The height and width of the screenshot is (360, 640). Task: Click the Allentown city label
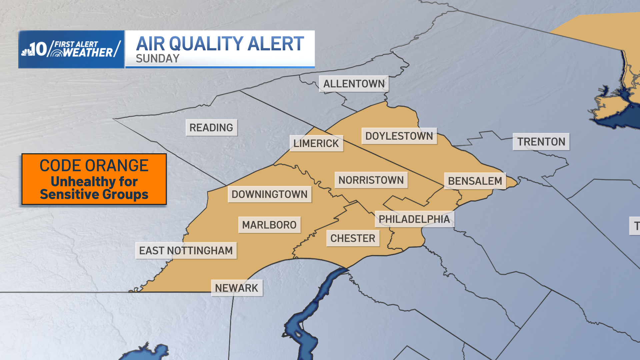pyautogui.click(x=354, y=84)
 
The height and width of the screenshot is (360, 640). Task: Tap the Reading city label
pyautogui.click(x=211, y=128)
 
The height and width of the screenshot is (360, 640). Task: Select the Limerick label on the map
pyautogui.click(x=316, y=143)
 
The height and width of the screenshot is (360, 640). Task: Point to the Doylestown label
pyautogui.click(x=399, y=136)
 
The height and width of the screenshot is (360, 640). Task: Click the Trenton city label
pyautogui.click(x=541, y=142)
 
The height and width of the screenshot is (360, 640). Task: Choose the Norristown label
pyautogui.click(x=371, y=180)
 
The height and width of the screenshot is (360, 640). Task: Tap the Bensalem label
pyautogui.click(x=475, y=181)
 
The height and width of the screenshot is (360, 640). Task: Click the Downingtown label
pyautogui.click(x=269, y=194)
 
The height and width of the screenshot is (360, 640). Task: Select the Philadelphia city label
pyautogui.click(x=414, y=219)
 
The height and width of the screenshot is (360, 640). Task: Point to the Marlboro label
pyautogui.click(x=269, y=225)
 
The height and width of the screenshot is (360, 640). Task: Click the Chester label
pyautogui.click(x=353, y=238)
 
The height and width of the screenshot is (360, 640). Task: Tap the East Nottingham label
pyautogui.click(x=186, y=250)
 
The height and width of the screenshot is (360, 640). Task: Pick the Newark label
pyautogui.click(x=237, y=288)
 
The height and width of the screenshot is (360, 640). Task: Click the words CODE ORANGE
pyautogui.click(x=94, y=166)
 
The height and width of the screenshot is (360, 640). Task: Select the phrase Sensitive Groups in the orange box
pyautogui.click(x=94, y=194)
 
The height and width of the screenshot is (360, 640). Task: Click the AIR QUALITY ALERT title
pyautogui.click(x=220, y=44)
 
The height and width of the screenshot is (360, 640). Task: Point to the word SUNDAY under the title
pyautogui.click(x=158, y=59)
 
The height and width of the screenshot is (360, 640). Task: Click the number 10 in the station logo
pyautogui.click(x=39, y=49)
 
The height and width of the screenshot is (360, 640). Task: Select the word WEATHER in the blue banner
pyautogui.click(x=88, y=53)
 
